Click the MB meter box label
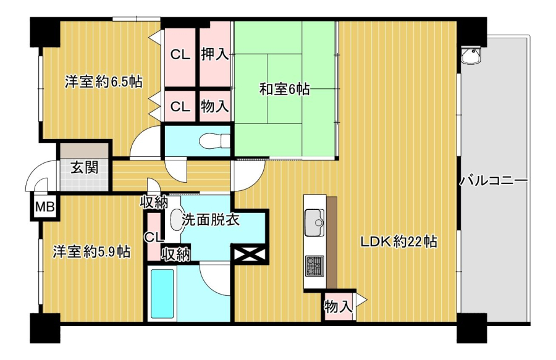pyautogui.click(x=44, y=206)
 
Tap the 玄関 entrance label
pyautogui.click(x=85, y=167)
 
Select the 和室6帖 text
pyautogui.click(x=284, y=89)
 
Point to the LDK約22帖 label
pyautogui.click(x=399, y=242)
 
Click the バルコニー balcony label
pyautogui.click(x=494, y=181)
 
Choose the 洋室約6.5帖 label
pyautogui.click(x=103, y=82)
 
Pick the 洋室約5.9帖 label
pyautogui.click(x=91, y=252)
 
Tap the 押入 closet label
pyautogui.click(x=215, y=54)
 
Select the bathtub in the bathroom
pyautogui.click(x=162, y=294)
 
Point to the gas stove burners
pyautogui.click(x=314, y=266)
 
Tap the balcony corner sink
pyautogui.click(x=471, y=56)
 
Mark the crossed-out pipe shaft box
pyautogui.click(x=250, y=254)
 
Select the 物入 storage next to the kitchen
pyautogui.click(x=339, y=306)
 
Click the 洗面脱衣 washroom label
pyautogui.click(x=211, y=220)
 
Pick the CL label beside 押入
pyautogui.click(x=180, y=54)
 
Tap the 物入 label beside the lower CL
pyautogui.click(x=215, y=106)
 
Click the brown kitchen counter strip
pyautogui.click(x=332, y=243)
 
